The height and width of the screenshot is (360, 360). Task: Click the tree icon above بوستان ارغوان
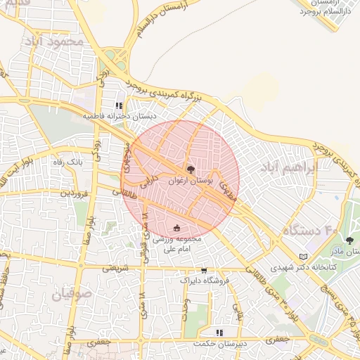[191, 169]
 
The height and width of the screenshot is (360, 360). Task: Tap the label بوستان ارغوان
[190, 181]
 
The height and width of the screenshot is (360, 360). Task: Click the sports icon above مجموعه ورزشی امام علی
[176, 228]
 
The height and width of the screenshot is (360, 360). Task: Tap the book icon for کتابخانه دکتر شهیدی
[304, 257]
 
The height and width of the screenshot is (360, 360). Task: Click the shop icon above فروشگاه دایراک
[204, 270]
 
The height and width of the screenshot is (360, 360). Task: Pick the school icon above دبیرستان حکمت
[219, 332]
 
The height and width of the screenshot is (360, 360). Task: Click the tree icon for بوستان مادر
[349, 240]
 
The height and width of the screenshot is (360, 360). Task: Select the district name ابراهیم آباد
[289, 167]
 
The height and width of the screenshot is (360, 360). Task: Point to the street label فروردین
[72, 191]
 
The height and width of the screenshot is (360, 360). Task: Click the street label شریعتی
[116, 268]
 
